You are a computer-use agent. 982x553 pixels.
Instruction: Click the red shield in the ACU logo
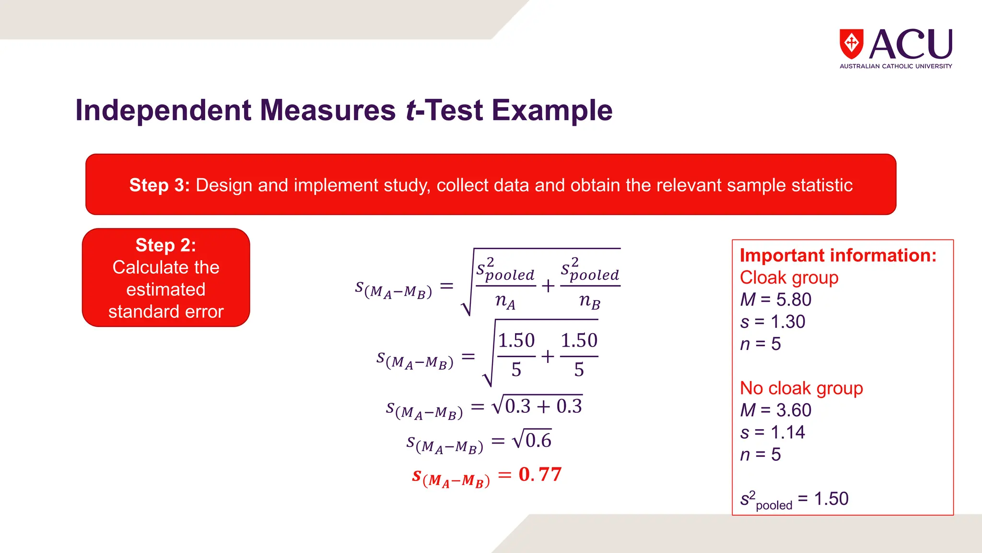(851, 44)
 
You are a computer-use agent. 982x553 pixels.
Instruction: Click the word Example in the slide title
(552, 110)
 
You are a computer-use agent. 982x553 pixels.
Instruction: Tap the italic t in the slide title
(410, 110)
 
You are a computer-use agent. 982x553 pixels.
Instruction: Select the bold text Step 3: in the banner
(160, 185)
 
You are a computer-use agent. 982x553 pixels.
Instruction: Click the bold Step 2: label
(166, 245)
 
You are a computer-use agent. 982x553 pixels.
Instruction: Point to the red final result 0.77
(540, 474)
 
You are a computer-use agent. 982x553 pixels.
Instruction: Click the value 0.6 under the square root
(538, 440)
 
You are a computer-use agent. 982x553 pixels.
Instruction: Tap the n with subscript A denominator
(505, 301)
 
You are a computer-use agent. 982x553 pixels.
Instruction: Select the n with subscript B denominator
(590, 301)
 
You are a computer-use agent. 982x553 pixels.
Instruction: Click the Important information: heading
(838, 255)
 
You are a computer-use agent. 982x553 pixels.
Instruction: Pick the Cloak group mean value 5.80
(794, 300)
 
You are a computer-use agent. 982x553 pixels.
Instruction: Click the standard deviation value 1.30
(788, 322)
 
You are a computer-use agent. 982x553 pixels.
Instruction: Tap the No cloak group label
(801, 388)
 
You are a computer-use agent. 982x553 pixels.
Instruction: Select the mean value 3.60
(794, 410)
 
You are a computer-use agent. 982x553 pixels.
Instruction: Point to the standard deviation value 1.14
(788, 432)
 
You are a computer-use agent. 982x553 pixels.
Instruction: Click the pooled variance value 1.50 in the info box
(831, 499)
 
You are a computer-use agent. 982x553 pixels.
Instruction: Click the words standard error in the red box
(166, 312)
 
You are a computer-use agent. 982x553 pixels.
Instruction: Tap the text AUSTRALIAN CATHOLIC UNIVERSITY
(896, 66)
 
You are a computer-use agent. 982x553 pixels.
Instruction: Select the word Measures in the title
(327, 110)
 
